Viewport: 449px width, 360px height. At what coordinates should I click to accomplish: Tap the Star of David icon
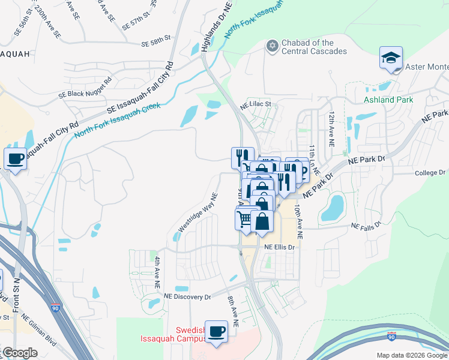point(273,46)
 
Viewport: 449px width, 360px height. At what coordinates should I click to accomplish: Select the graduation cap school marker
point(391,59)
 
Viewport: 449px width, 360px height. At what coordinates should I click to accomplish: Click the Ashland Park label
point(388,100)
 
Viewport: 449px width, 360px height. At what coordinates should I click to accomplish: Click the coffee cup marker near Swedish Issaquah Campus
point(216,332)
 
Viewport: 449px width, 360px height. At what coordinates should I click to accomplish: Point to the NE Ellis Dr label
point(280,247)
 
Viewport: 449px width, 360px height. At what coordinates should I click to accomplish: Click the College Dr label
point(429,173)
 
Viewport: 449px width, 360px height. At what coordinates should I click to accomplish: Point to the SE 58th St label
point(157,44)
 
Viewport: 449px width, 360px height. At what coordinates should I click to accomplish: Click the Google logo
point(20,353)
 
